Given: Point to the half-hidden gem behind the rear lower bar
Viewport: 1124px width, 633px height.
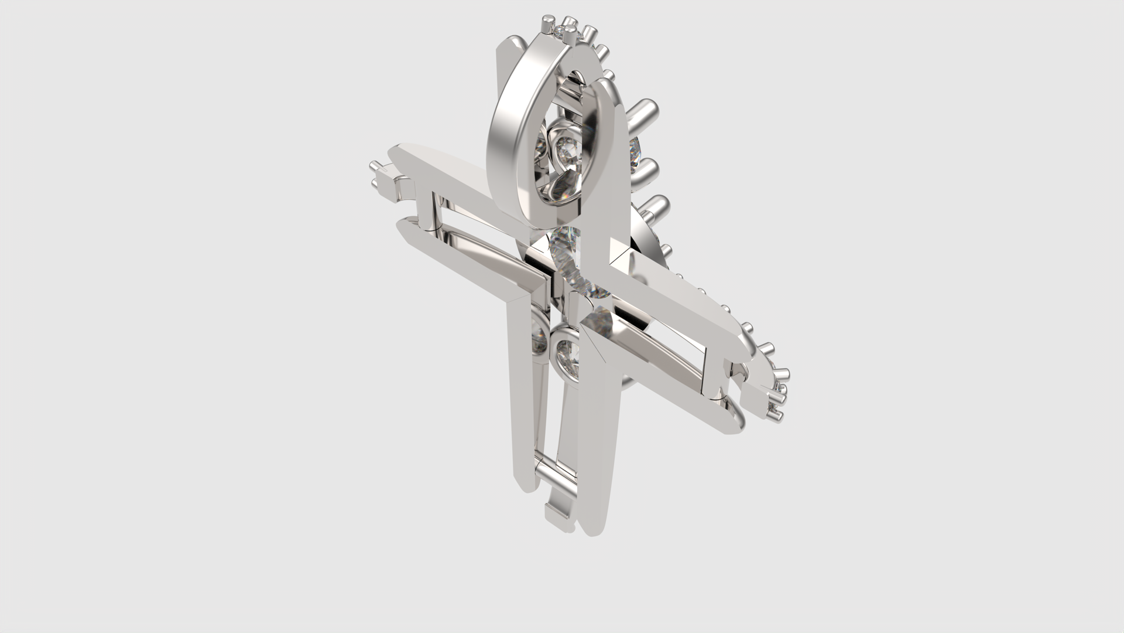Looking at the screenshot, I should (x=539, y=340).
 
